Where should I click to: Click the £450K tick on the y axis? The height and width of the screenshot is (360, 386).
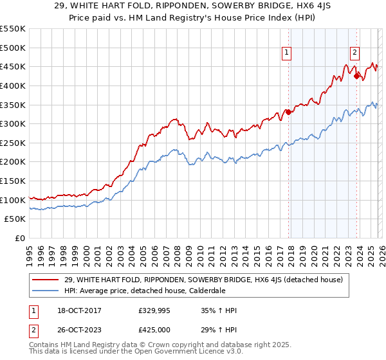(13, 66)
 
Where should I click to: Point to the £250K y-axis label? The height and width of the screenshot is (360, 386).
(13, 143)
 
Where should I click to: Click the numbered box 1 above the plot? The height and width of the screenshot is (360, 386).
(286, 53)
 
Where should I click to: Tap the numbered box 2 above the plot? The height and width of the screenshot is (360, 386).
(354, 53)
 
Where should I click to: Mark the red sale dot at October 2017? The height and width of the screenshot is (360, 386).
(288, 113)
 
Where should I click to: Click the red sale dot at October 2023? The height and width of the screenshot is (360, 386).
(356, 76)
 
